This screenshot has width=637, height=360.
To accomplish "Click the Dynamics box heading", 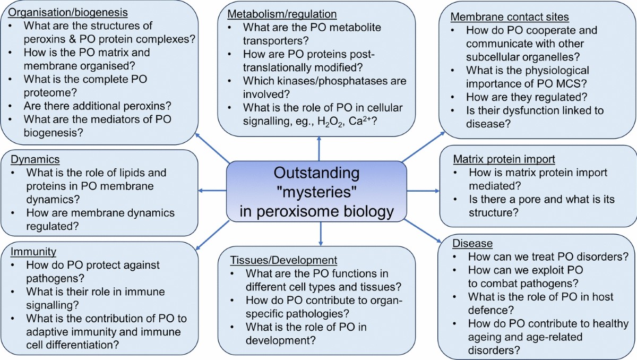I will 36,159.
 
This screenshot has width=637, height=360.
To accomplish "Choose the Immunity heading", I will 33,251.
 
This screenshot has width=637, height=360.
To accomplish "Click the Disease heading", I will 472,244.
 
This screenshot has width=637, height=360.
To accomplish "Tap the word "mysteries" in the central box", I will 318,193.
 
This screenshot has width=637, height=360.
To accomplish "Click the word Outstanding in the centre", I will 317,174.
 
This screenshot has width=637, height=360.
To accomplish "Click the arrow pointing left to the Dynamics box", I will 211,190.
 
